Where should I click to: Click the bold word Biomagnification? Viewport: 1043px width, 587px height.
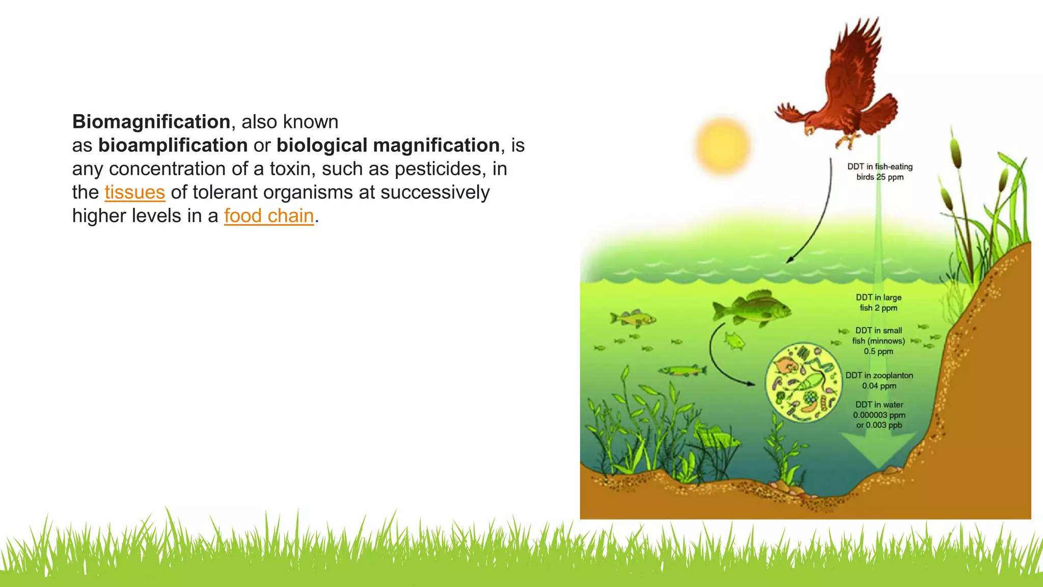(151, 122)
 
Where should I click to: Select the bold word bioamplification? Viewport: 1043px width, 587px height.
(173, 145)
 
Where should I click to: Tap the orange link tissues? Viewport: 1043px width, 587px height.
(134, 193)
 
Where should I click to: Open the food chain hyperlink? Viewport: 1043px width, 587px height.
(269, 216)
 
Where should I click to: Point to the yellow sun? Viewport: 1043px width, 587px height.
(722, 146)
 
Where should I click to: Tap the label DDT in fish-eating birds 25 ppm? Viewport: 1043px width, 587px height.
(880, 172)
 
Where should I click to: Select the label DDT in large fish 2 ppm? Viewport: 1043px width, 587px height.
(879, 303)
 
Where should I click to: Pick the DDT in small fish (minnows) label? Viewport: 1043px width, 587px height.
(879, 341)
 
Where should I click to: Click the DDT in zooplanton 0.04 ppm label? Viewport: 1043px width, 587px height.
(879, 381)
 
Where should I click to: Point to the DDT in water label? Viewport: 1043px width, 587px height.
(879, 415)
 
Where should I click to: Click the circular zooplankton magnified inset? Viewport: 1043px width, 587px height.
(804, 382)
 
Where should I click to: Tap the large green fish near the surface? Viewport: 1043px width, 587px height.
(752, 308)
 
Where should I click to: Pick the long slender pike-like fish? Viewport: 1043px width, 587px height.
(682, 370)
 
